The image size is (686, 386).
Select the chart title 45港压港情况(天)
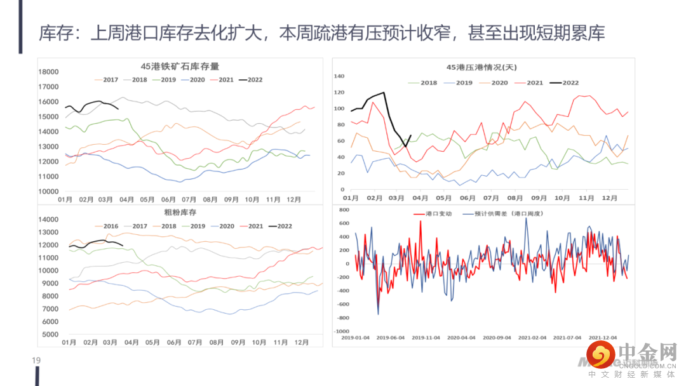pyautogui.click(x=481, y=67)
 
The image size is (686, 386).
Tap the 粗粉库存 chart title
pyautogui.click(x=180, y=212)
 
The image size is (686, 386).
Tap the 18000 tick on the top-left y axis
pyautogui.click(x=48, y=72)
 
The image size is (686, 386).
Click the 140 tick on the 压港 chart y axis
pyautogui.click(x=339, y=76)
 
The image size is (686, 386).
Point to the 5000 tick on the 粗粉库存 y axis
pyautogui.click(x=50, y=334)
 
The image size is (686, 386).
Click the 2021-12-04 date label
pyautogui.click(x=603, y=338)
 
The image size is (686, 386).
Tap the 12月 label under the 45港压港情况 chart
pyautogui.click(x=608, y=198)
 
